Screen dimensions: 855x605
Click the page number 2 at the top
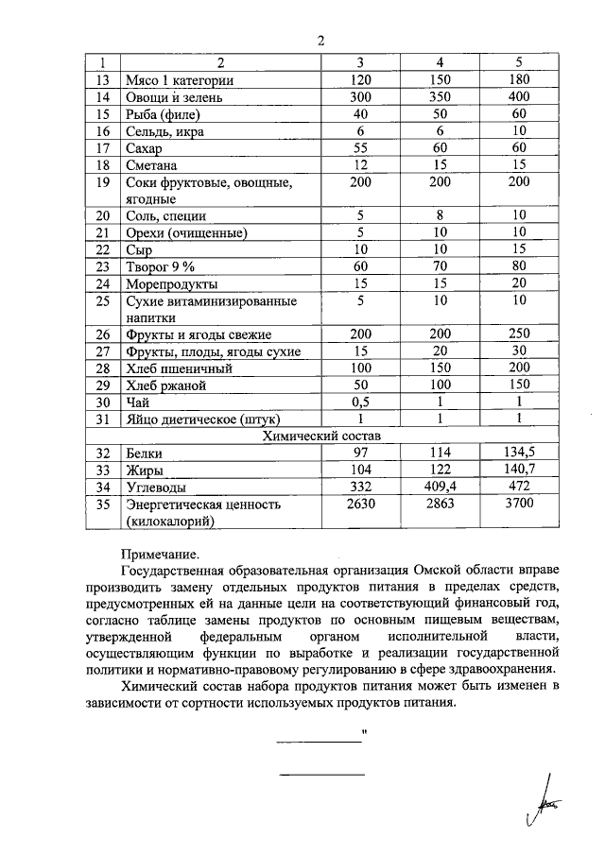tap(320, 40)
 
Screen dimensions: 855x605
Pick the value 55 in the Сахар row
tap(358, 148)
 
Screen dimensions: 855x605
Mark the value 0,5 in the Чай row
tap(358, 402)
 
